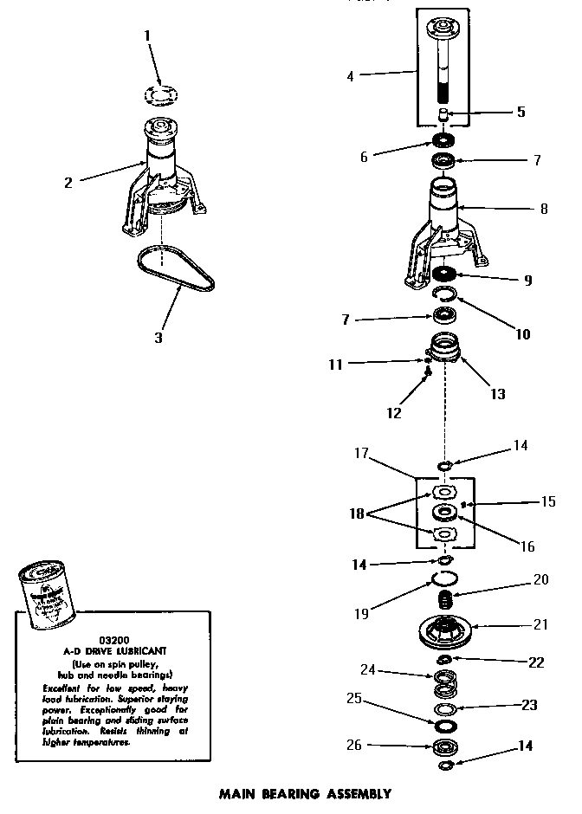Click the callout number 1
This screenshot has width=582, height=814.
(146, 36)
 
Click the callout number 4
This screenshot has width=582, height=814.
(350, 76)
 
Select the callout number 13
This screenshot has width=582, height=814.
(497, 394)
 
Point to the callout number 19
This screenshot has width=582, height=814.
(361, 614)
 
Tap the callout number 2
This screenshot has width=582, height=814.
(68, 182)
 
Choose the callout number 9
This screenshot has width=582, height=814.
(527, 281)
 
